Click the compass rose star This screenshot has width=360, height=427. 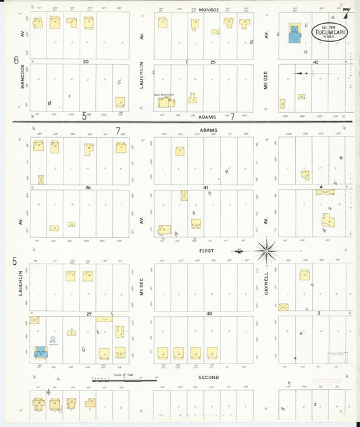tap(267, 251)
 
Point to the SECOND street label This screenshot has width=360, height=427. tap(208, 376)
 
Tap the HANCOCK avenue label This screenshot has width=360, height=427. tap(22, 79)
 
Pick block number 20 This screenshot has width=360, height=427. tap(85, 61)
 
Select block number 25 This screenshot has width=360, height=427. tap(212, 61)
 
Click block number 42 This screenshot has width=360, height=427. tap(315, 61)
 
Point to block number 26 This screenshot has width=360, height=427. tap(88, 187)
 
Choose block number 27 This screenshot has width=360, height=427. tap(88, 313)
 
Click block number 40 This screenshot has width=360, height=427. tap(209, 313)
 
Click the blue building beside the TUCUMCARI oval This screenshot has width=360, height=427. tap(295, 34)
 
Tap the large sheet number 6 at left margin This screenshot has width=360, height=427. tap(16, 59)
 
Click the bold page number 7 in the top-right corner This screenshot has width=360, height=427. tap(345, 12)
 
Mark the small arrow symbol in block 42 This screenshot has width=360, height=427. tap(303, 73)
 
